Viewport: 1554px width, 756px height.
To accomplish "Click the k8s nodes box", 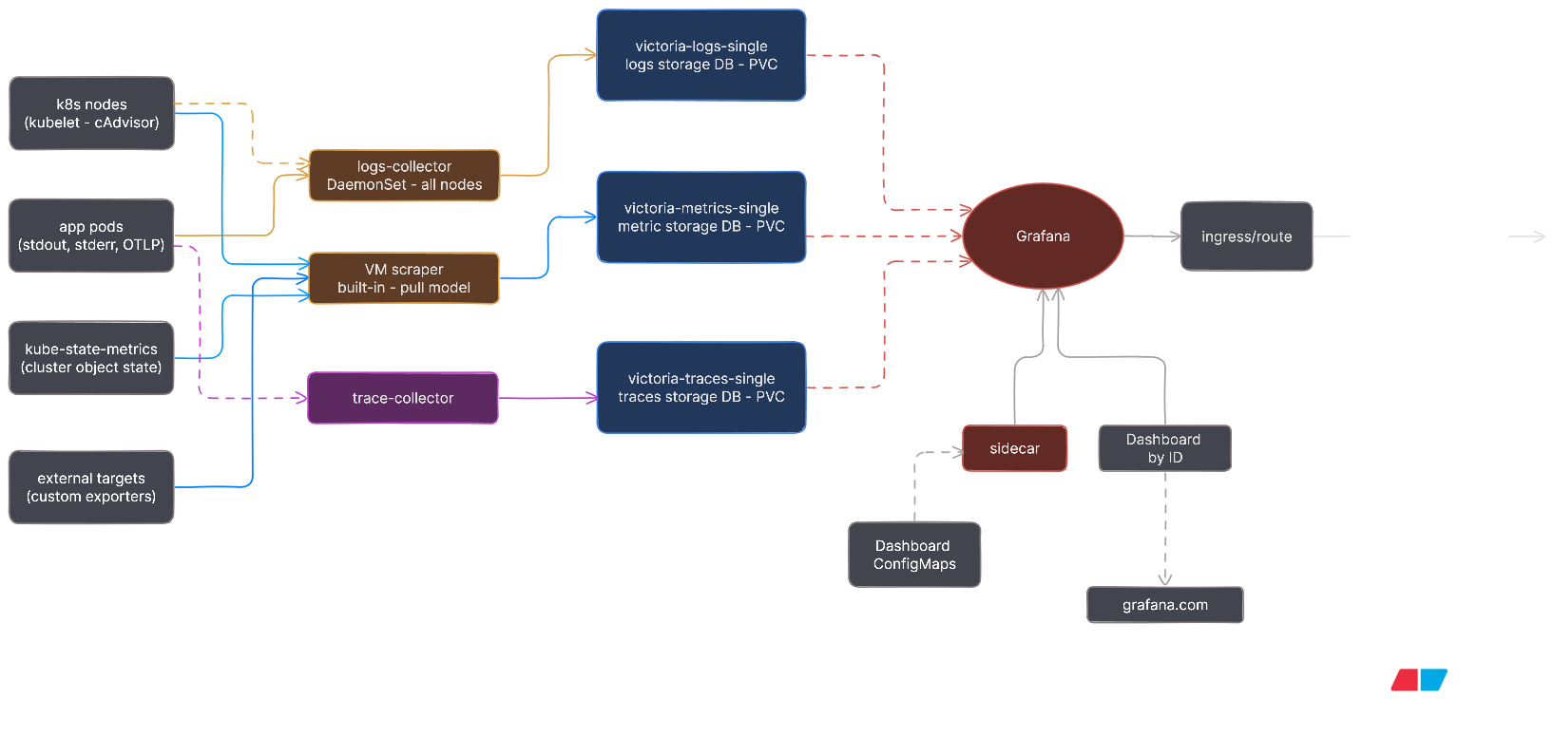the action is pos(91,113).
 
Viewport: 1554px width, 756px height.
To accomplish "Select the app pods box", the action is pos(91,236).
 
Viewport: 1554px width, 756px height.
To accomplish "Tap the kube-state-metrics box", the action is pos(91,358).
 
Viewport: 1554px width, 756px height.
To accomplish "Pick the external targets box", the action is pos(91,487).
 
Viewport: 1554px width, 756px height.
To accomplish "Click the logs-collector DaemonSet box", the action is pos(404,176).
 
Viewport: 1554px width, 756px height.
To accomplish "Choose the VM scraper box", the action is pos(404,278).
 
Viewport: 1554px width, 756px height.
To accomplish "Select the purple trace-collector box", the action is pos(403,398).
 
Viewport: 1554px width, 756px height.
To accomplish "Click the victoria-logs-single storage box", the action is pos(701,55).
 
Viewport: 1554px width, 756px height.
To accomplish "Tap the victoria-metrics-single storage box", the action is pos(701,217).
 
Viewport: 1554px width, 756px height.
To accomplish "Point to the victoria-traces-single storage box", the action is pos(701,387).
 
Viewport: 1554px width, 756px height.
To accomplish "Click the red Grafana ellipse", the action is pos(1043,236).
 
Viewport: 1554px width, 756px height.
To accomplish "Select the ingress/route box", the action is pos(1246,236).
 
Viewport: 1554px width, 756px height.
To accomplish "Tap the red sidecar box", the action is pos(1014,448).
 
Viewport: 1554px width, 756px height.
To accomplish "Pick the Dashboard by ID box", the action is pos(1164,448).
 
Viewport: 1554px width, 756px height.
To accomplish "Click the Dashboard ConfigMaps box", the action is pos(914,555).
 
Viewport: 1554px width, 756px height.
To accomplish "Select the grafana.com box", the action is pos(1164,605).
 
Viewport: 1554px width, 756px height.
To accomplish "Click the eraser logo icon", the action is pos(1419,679).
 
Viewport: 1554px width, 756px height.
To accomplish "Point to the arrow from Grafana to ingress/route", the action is pos(1152,236).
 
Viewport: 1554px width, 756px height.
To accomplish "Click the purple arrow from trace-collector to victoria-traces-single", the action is pos(547,398).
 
